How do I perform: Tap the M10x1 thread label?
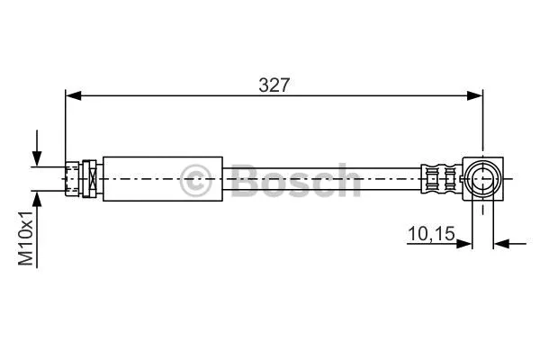tap(27, 238)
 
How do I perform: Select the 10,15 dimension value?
tap(431, 237)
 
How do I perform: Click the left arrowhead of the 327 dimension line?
tap(71, 94)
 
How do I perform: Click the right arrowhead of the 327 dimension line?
tap(478, 94)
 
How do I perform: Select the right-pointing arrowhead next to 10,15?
tap(468, 242)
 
